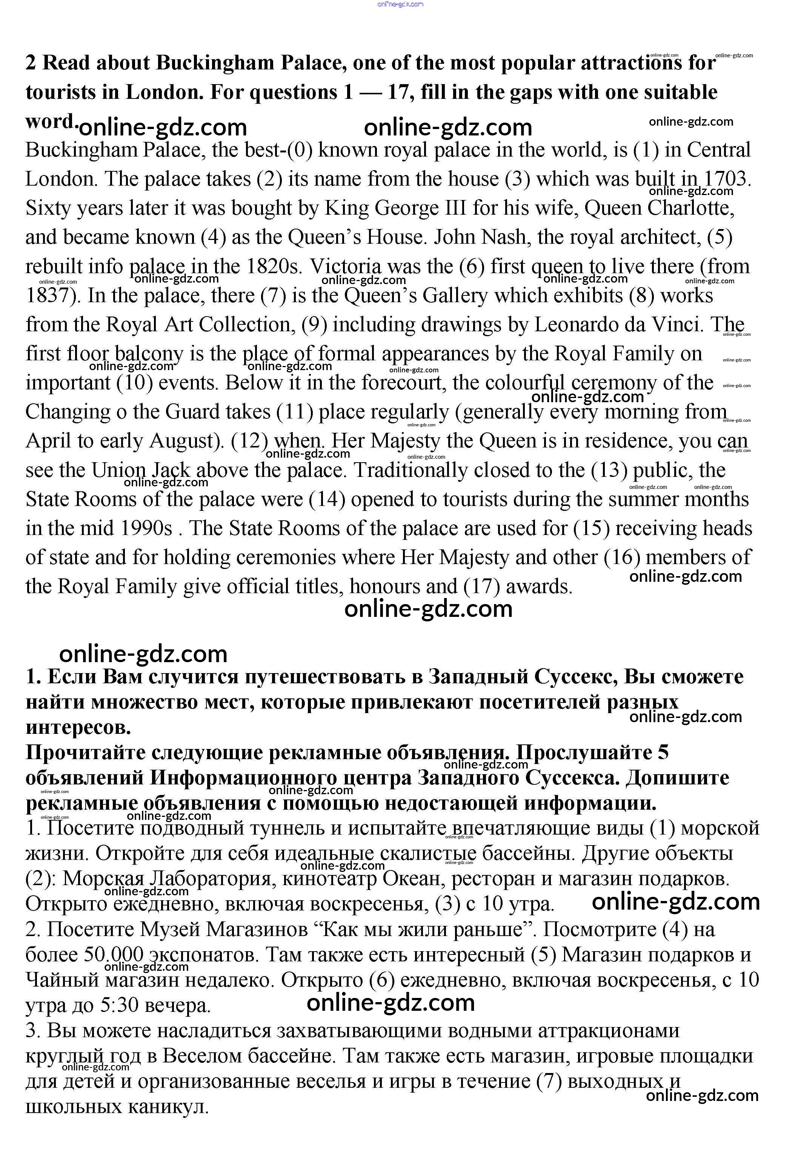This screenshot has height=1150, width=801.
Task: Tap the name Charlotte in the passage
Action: coord(691,208)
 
